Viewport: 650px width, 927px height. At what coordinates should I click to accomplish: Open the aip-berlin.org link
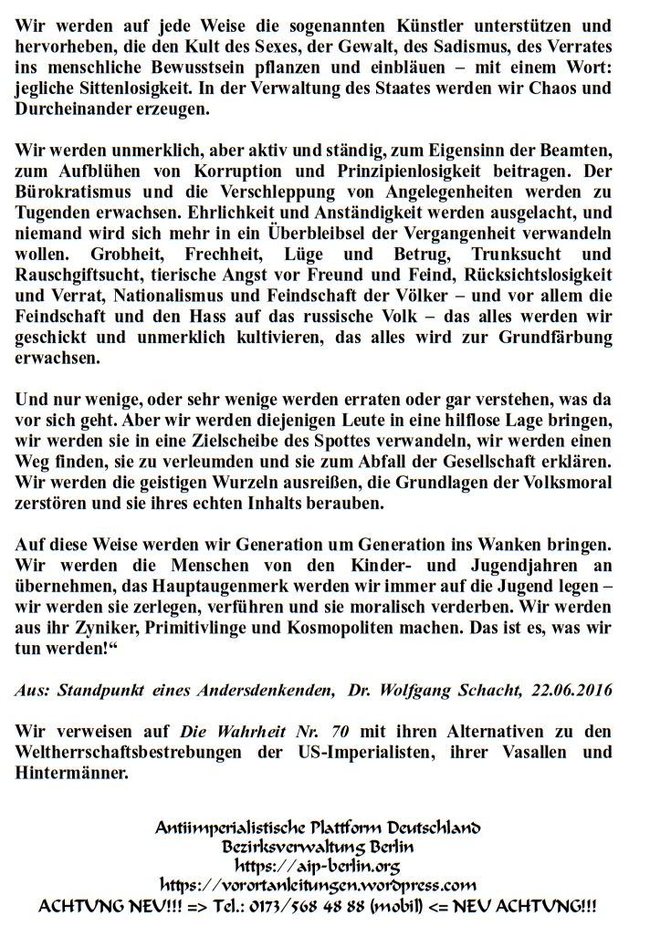point(318,865)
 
